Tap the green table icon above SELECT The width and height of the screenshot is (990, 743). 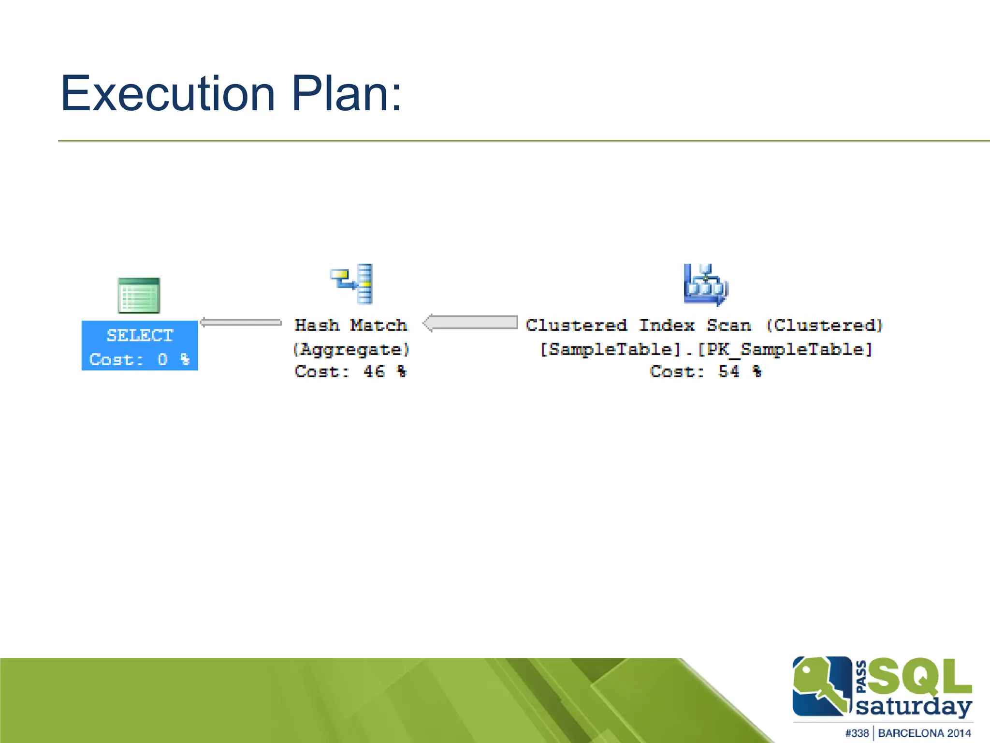tap(139, 296)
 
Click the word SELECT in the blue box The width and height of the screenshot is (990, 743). tap(140, 335)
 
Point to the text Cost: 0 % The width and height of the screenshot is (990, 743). tap(139, 359)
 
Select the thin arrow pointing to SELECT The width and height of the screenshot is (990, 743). tap(241, 323)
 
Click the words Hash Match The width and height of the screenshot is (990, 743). tap(351, 325)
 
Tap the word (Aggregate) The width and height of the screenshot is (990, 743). tap(351, 349)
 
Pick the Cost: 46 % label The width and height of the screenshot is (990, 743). tap(351, 371)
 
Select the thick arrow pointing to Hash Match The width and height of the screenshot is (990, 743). tap(470, 323)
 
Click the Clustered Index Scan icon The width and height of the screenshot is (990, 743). tap(705, 284)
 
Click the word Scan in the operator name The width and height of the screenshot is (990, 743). tap(729, 325)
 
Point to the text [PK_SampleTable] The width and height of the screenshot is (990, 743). tap(785, 349)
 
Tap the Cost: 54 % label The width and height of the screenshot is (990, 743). tap(705, 371)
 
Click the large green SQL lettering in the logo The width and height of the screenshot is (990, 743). tap(919, 676)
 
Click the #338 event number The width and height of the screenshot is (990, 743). tap(857, 733)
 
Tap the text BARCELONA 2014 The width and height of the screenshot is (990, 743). tap(924, 733)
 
